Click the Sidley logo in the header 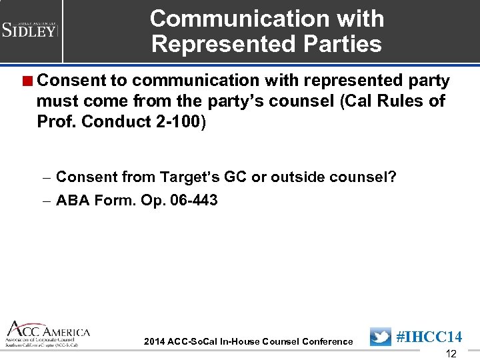tap(30, 29)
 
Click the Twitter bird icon tap(381, 337)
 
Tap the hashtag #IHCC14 tap(429, 337)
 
